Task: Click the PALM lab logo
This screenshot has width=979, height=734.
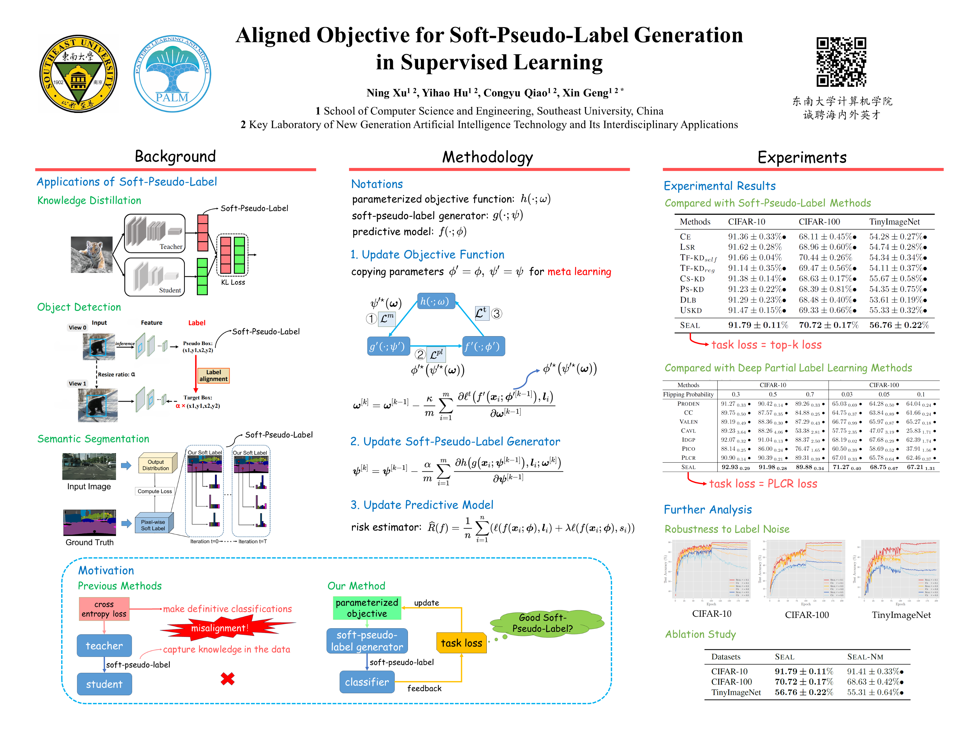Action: click(x=172, y=73)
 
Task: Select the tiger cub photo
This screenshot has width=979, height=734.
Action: click(x=92, y=254)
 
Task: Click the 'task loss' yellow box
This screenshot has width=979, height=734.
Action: click(x=461, y=643)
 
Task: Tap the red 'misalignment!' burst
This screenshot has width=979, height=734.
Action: click(x=220, y=628)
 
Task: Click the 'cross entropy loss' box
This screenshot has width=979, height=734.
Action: click(x=104, y=609)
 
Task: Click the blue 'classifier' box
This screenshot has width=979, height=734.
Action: click(x=367, y=682)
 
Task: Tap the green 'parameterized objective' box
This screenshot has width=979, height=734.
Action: click(x=367, y=608)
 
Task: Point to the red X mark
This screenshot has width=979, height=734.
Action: click(x=227, y=679)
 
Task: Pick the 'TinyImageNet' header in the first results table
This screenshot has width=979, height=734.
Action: click(x=894, y=222)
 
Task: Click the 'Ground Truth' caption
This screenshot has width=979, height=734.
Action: click(x=89, y=542)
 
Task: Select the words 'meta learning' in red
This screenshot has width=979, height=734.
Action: click(x=579, y=272)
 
